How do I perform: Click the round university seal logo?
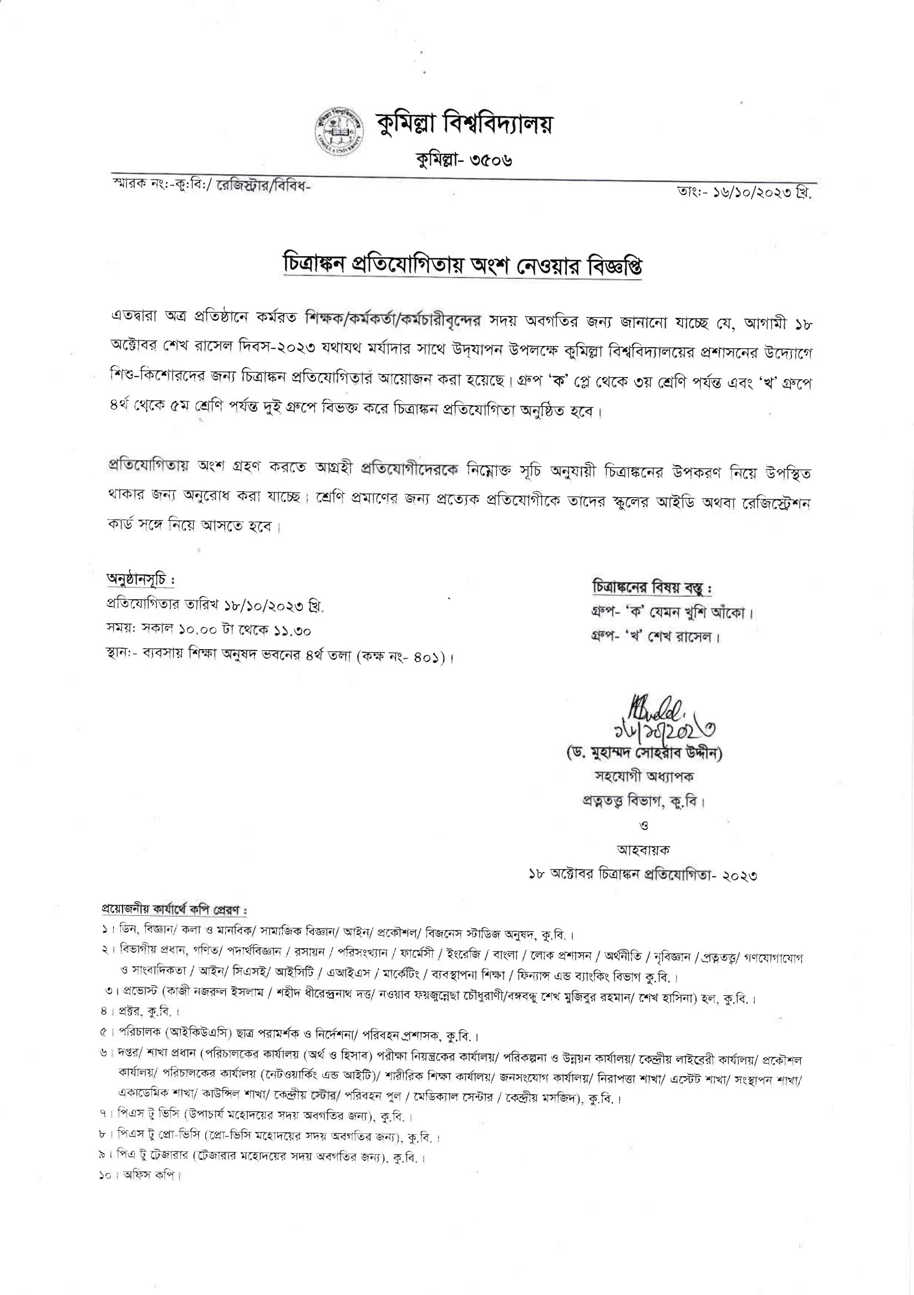pos(334,130)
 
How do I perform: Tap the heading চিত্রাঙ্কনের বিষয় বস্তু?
pos(652,587)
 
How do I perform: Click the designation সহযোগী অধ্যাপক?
pos(644,777)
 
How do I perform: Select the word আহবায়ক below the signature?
pos(644,849)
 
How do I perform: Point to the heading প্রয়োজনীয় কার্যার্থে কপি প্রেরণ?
pos(174,910)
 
